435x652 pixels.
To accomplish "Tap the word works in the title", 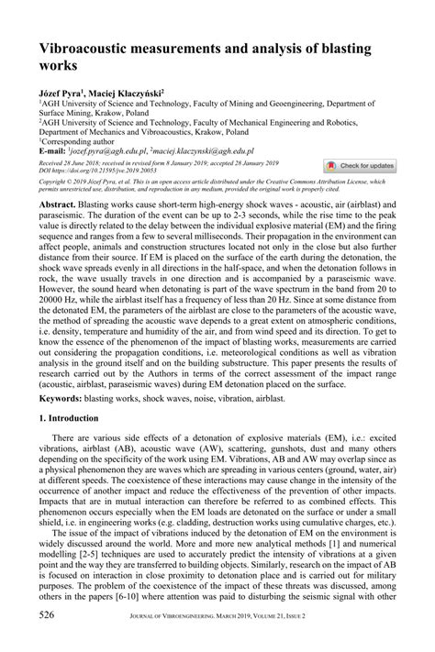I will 58,67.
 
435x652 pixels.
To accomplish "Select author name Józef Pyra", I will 61,94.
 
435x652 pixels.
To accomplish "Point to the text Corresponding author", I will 74,140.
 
